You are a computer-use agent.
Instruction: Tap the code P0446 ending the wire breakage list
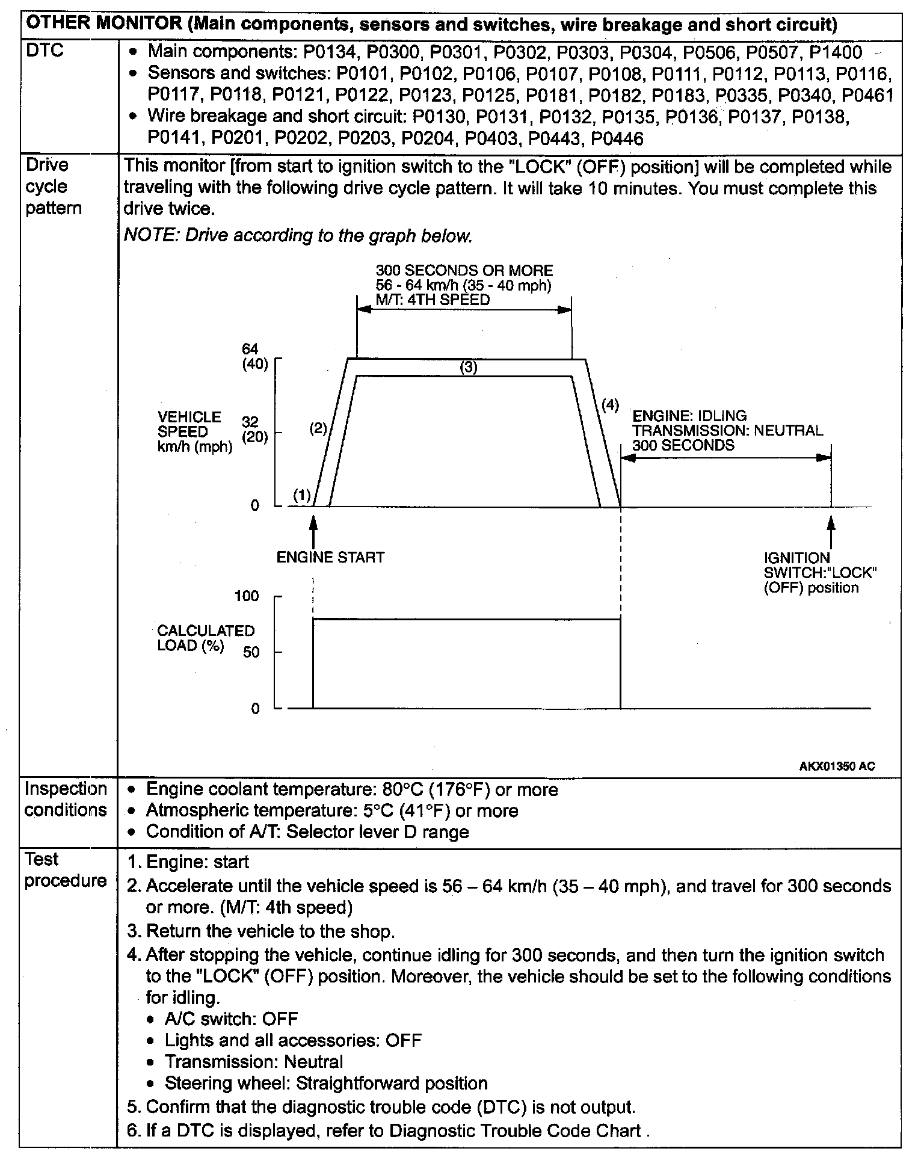pyautogui.click(x=617, y=139)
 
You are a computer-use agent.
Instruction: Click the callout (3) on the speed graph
pyautogui.click(x=468, y=367)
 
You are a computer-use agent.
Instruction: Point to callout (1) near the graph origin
pyautogui.click(x=301, y=495)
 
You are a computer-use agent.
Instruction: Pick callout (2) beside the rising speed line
pyautogui.click(x=318, y=428)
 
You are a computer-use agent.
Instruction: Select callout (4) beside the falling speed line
pyautogui.click(x=610, y=405)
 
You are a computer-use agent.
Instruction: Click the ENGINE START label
pyautogui.click(x=330, y=558)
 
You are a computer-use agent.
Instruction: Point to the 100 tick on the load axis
pyautogui.click(x=247, y=596)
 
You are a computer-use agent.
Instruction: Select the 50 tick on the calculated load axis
pyautogui.click(x=251, y=652)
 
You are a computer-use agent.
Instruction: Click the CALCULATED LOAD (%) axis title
pyautogui.click(x=205, y=638)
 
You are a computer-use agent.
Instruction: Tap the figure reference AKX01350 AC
pyautogui.click(x=837, y=766)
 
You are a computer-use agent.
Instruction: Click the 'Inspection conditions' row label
pyautogui.click(x=66, y=799)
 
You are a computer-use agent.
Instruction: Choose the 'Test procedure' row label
pyautogui.click(x=66, y=870)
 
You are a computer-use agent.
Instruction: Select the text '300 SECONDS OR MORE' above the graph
pyautogui.click(x=464, y=271)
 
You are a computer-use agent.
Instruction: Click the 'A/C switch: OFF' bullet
pyautogui.click(x=231, y=1019)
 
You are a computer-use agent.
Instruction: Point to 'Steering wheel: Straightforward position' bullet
pyautogui.click(x=325, y=1083)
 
